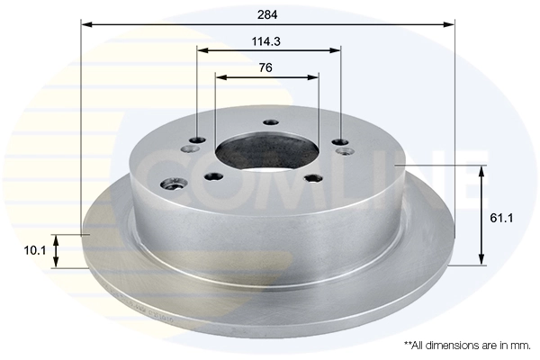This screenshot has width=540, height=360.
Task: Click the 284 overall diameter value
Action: (x=267, y=15)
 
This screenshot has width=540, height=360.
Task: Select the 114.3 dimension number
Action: (x=268, y=40)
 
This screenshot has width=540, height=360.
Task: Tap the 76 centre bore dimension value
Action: (x=265, y=67)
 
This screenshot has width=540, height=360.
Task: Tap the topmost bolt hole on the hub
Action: (x=268, y=123)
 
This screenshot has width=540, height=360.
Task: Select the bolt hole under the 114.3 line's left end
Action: (x=198, y=140)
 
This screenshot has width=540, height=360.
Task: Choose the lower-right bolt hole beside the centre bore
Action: (x=313, y=177)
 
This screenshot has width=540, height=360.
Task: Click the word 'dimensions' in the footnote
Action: (x=454, y=345)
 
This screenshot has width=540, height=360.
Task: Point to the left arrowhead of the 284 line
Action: (x=85, y=24)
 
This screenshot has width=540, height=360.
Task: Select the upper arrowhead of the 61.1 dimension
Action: (x=482, y=170)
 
